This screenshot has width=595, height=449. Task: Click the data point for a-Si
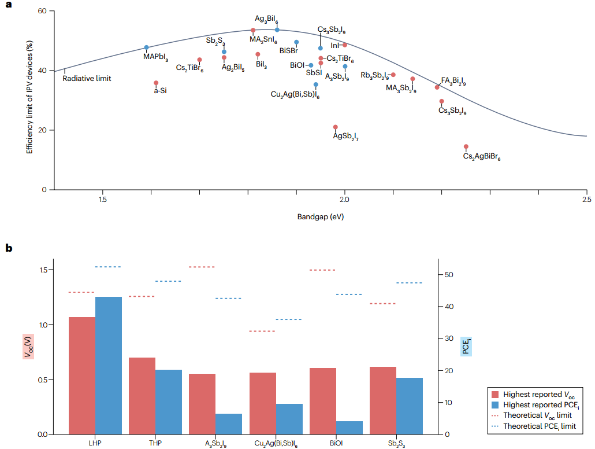(156, 83)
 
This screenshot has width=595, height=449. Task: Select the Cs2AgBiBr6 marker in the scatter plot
(466, 146)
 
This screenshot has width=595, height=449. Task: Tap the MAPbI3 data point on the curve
(147, 47)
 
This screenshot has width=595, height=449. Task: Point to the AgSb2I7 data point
(336, 127)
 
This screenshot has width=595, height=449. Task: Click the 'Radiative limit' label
(87, 78)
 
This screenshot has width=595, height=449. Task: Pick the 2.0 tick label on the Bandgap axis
(345, 200)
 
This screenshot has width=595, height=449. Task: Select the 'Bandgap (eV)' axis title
(317, 217)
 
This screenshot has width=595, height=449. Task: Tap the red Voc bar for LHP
(82, 376)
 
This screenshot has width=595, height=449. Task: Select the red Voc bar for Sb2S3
(382, 400)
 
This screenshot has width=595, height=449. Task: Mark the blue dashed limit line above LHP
(108, 267)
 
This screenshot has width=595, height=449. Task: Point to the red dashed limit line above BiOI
(322, 270)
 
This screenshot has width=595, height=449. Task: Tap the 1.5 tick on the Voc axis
(42, 270)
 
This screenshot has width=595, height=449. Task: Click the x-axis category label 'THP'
(155, 443)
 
